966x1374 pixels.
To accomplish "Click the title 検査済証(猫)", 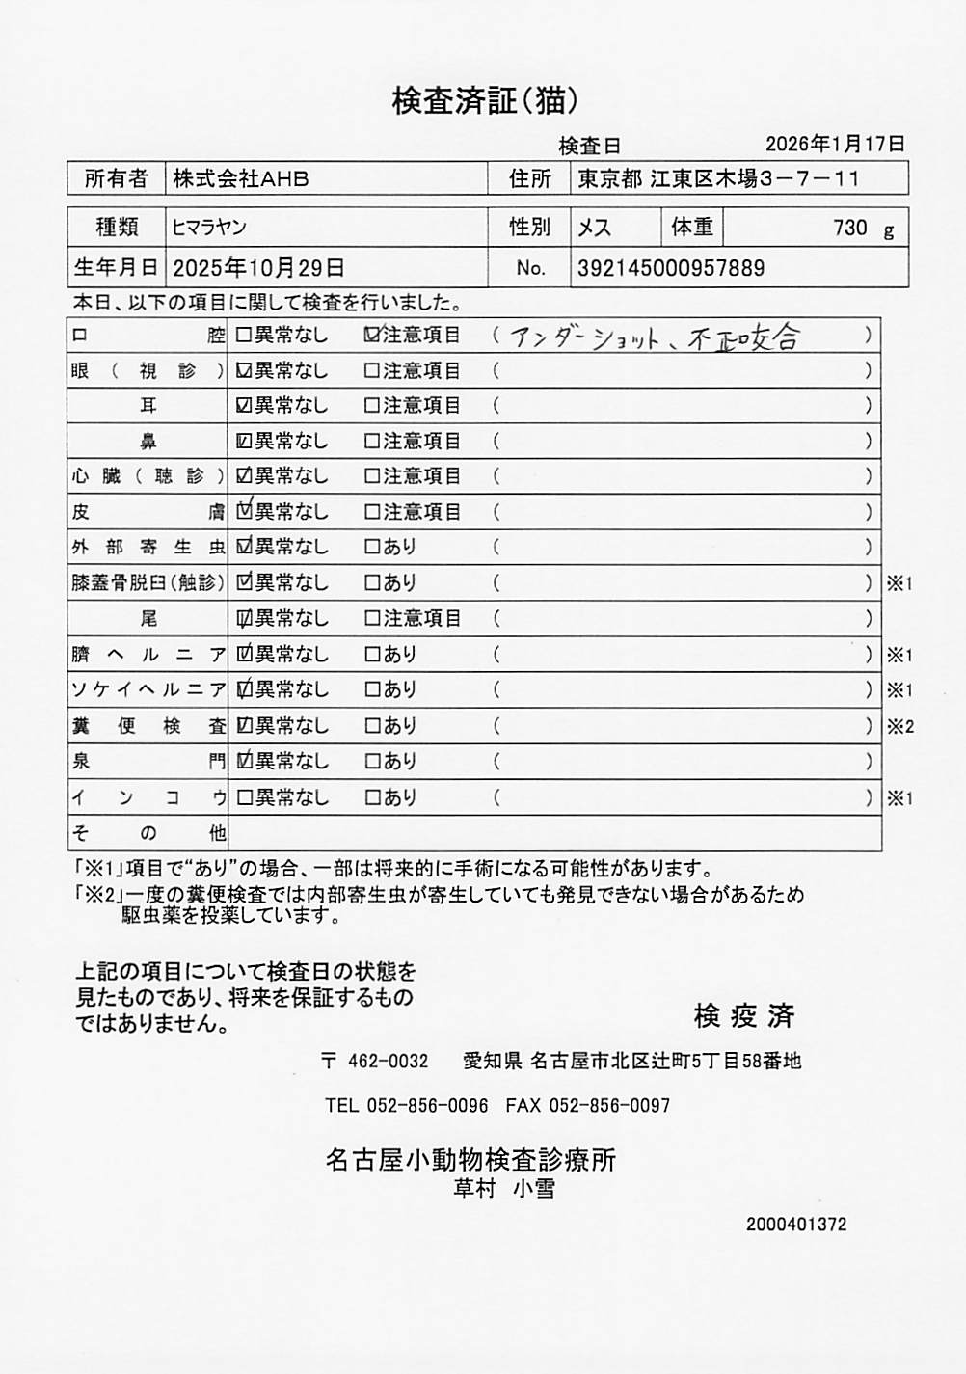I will pyautogui.click(x=484, y=100).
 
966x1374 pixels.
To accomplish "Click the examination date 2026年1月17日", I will pyautogui.click(x=835, y=145).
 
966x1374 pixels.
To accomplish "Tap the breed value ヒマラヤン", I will pyautogui.click(x=209, y=228).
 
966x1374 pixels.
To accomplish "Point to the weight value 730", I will pyautogui.click(x=850, y=229).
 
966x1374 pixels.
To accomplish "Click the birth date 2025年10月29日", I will pyautogui.click(x=258, y=268).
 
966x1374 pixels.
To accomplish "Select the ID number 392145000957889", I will pyautogui.click(x=671, y=268).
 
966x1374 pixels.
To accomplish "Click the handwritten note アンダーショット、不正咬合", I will pyautogui.click(x=656, y=337).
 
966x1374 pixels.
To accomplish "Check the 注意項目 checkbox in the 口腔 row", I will pyautogui.click(x=372, y=336).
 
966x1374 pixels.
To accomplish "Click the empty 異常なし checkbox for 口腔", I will pyautogui.click(x=244, y=336).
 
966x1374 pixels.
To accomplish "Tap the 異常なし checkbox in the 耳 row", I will pyautogui.click(x=244, y=406).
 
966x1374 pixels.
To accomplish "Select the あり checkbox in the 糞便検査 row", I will pyautogui.click(x=372, y=726).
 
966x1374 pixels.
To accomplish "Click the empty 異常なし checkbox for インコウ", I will pyautogui.click(x=244, y=797).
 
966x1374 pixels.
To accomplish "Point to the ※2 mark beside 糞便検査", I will pyautogui.click(x=899, y=727).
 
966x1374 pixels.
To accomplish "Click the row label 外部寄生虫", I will pyautogui.click(x=148, y=548).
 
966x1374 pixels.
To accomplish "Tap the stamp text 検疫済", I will pyautogui.click(x=744, y=1015).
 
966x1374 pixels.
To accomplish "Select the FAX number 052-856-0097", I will pyautogui.click(x=609, y=1105).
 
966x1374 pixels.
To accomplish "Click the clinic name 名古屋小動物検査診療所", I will pyautogui.click(x=470, y=1160).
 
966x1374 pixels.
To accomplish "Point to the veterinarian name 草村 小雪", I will pyautogui.click(x=504, y=1189).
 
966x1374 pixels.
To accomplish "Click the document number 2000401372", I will pyautogui.click(x=796, y=1225).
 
